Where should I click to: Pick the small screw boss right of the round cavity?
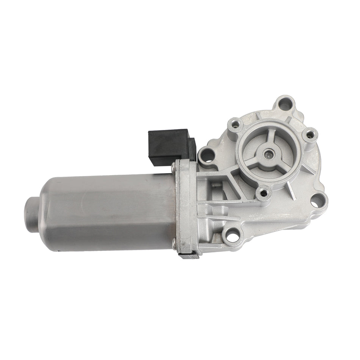pyautogui.click(x=309, y=134)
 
